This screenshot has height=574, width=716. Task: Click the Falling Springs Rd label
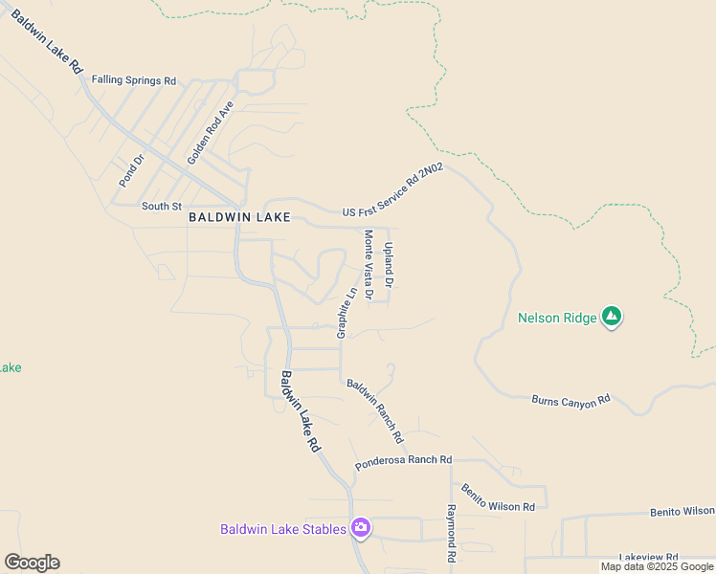(x=134, y=80)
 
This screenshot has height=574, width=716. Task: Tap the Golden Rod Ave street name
(x=211, y=133)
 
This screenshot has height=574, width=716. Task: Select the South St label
(x=161, y=206)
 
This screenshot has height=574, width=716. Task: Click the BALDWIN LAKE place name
(x=239, y=217)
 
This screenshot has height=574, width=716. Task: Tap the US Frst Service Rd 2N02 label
(x=393, y=190)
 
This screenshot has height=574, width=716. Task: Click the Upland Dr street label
(x=390, y=264)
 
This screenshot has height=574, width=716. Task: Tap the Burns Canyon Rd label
(x=571, y=400)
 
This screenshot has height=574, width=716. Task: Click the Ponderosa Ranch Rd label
(x=403, y=461)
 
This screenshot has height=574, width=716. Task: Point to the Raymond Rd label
(x=451, y=533)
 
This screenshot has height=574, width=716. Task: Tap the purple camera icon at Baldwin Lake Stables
(x=361, y=527)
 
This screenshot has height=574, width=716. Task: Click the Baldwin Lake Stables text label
(x=282, y=529)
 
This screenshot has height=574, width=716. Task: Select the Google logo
(x=32, y=563)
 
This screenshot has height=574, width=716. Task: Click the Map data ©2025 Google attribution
(x=656, y=566)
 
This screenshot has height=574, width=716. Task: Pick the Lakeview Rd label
(x=648, y=557)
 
